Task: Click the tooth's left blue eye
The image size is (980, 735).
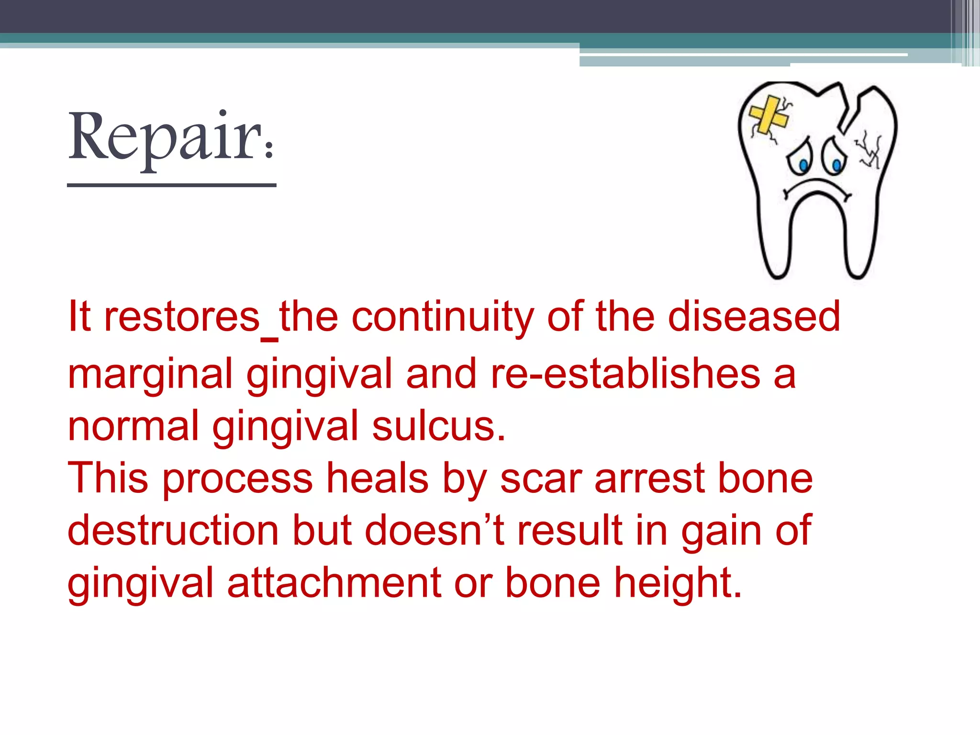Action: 803,166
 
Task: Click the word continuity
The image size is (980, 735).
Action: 442,317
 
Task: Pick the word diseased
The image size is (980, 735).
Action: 754,317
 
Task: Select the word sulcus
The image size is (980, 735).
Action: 438,426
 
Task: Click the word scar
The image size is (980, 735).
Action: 541,479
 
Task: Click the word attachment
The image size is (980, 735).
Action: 334,583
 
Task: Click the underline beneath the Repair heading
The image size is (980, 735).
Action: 171,185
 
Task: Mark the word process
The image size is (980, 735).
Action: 237,479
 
